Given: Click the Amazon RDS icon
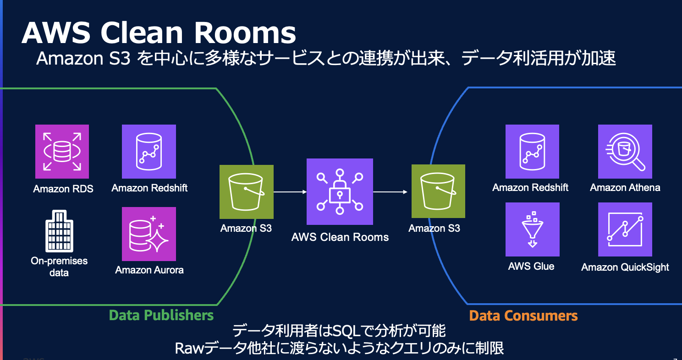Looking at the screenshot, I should click(x=62, y=152).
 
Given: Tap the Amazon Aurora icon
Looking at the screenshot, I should click(x=149, y=234).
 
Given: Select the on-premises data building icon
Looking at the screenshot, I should click(x=60, y=231).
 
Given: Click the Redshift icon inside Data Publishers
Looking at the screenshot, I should click(x=149, y=152).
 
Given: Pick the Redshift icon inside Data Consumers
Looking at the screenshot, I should click(x=532, y=152).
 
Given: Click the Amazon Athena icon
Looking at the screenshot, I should click(x=625, y=152).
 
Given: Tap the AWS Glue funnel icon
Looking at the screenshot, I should click(x=532, y=229).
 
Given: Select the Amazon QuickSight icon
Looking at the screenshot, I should click(x=625, y=229).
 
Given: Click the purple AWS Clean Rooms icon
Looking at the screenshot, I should click(x=340, y=192).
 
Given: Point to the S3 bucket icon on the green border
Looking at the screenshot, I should click(x=247, y=191).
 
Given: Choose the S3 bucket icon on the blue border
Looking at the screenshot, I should click(x=438, y=191).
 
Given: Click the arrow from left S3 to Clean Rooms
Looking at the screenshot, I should click(x=290, y=192).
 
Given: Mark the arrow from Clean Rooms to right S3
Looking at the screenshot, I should click(x=390, y=192).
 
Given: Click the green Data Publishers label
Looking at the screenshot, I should click(x=161, y=315).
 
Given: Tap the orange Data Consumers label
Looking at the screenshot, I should click(x=523, y=316).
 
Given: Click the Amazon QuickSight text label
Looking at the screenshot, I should click(x=625, y=267).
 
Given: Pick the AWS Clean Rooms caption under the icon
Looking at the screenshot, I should click(x=340, y=237).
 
